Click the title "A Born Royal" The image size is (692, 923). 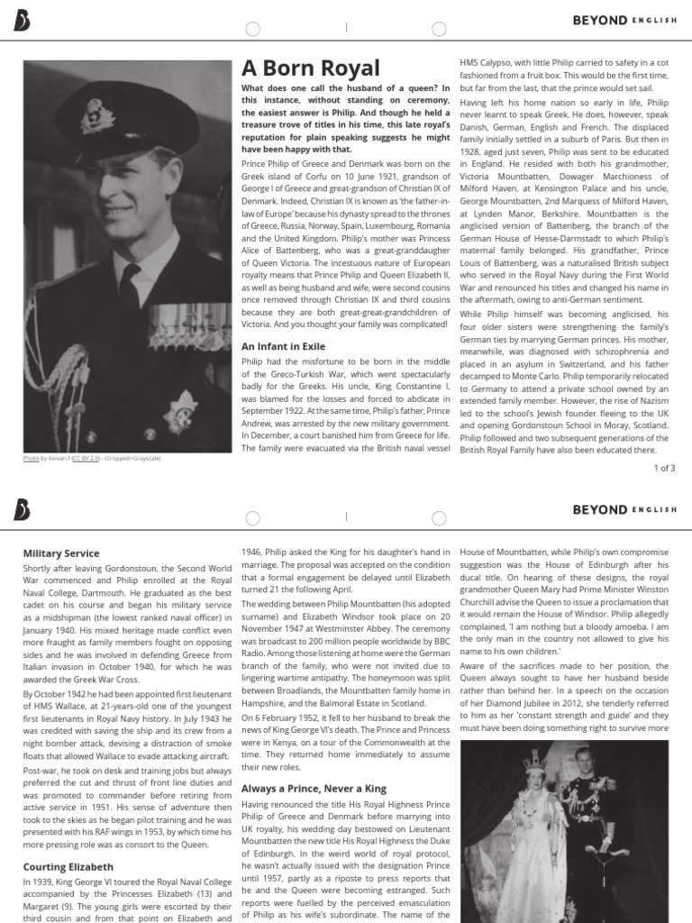(310, 69)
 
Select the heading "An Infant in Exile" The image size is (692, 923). (283, 346)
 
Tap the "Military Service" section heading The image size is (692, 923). (61, 553)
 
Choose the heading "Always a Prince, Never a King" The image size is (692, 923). (308, 789)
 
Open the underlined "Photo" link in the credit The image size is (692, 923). (31, 459)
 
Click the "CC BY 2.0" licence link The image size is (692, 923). (86, 459)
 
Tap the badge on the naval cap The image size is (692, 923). (94, 115)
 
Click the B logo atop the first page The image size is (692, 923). (21, 21)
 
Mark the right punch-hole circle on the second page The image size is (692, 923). (439, 518)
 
